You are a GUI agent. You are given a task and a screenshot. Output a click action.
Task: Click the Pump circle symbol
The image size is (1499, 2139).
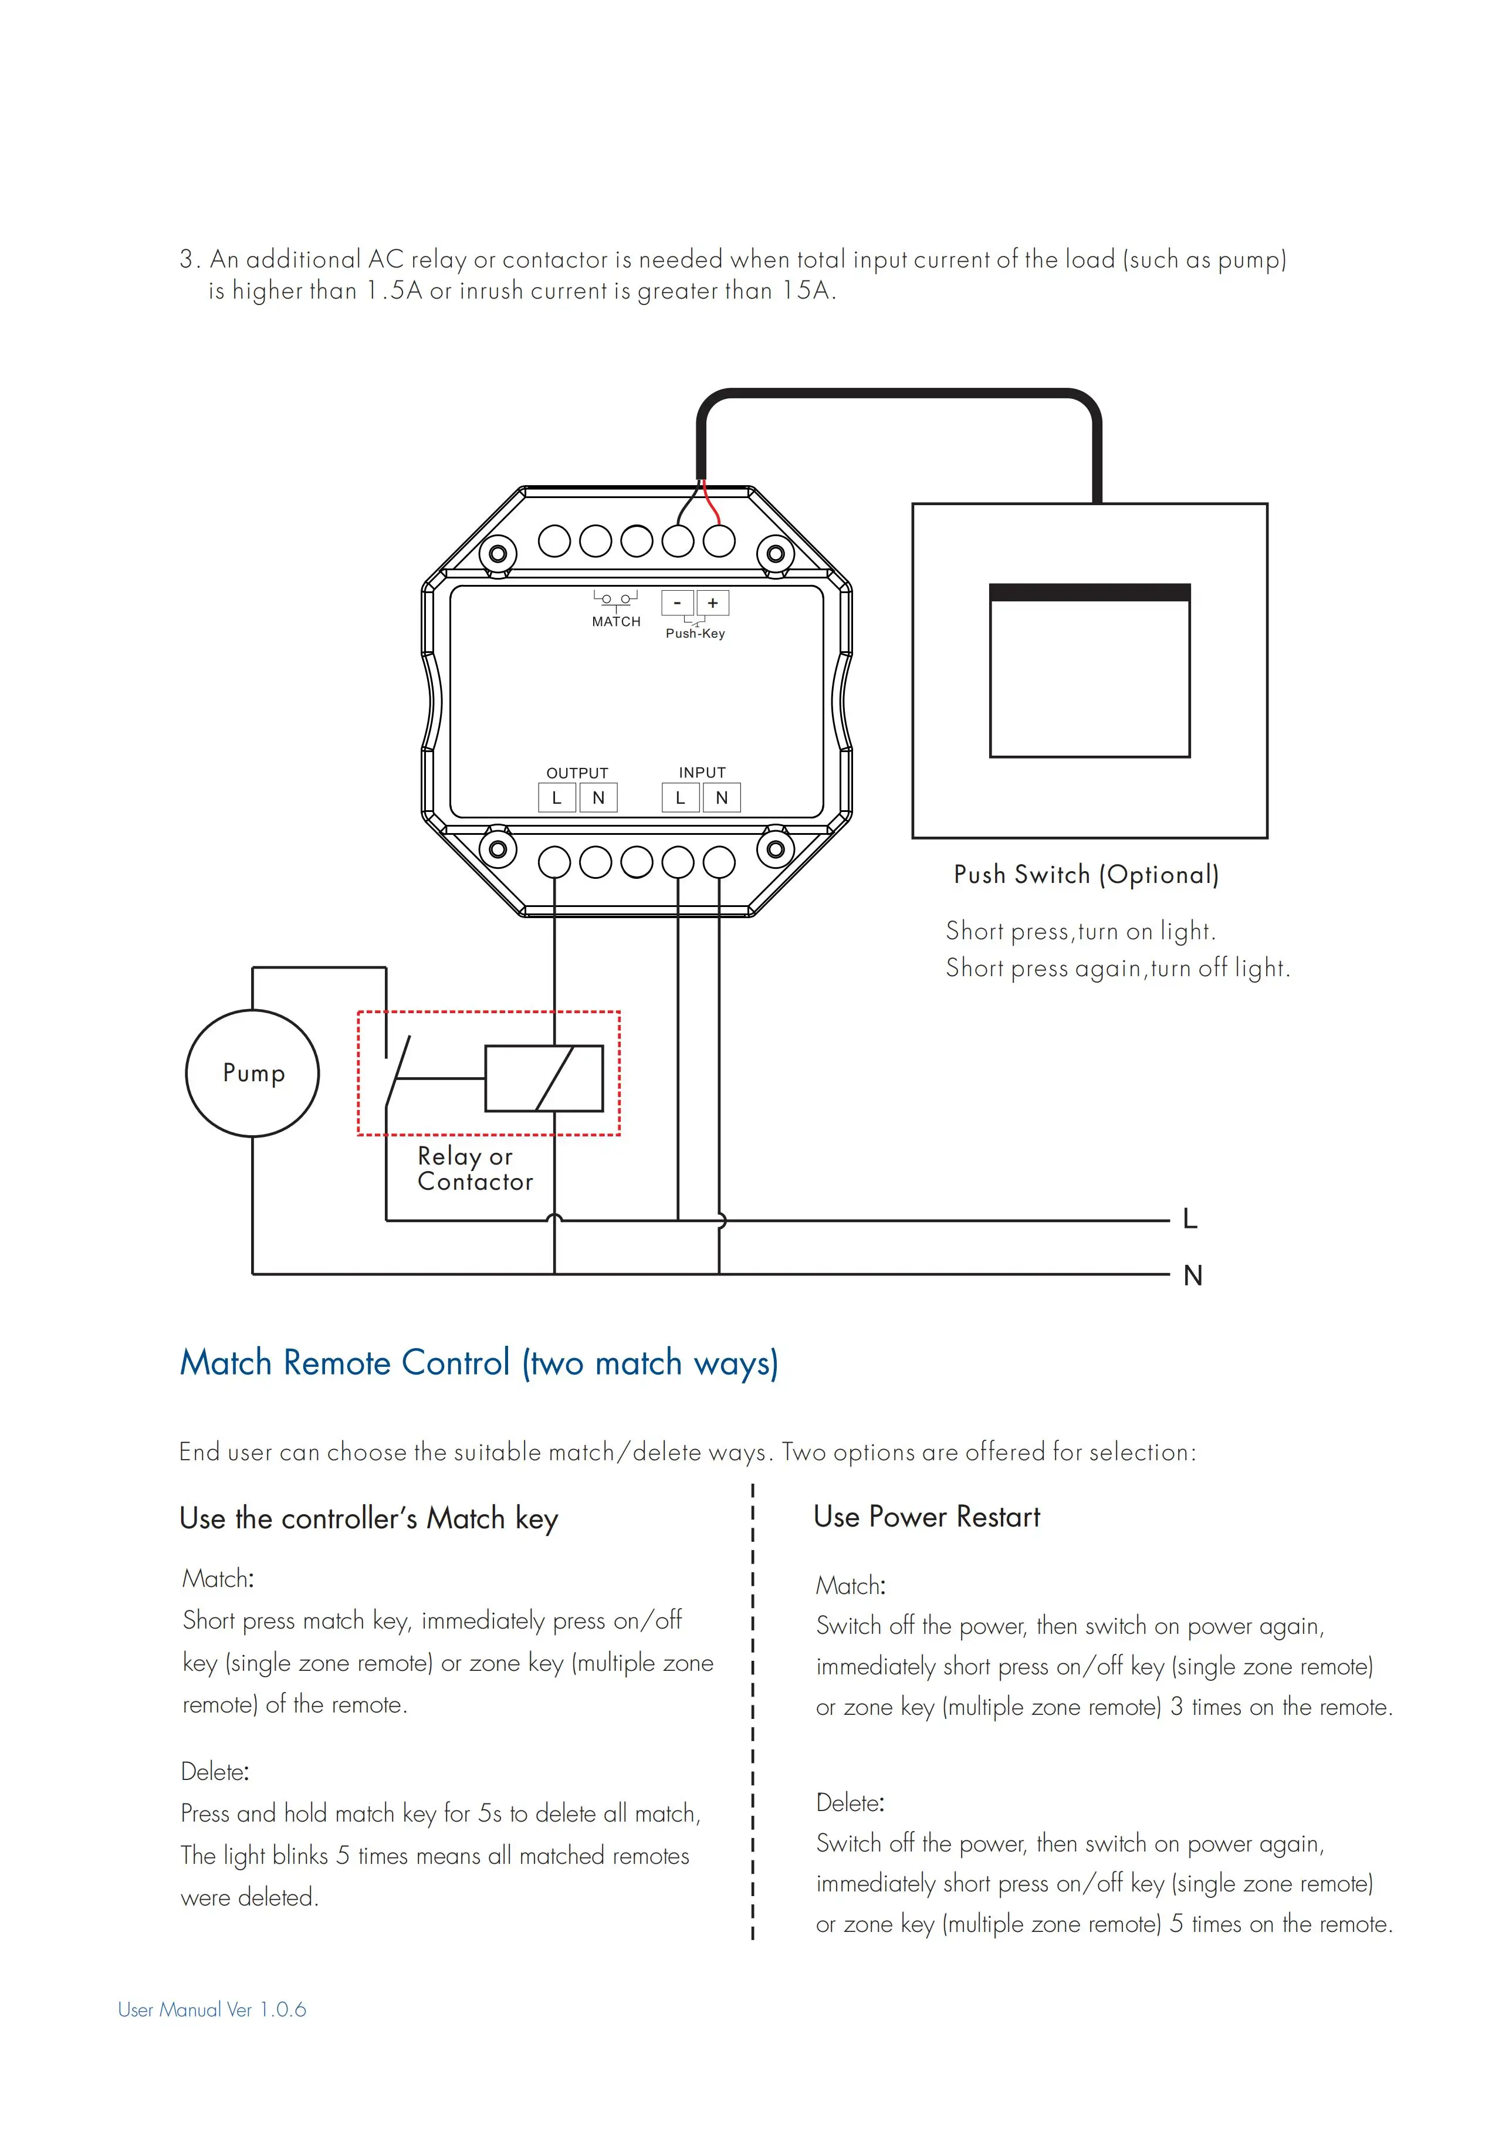tap(252, 1073)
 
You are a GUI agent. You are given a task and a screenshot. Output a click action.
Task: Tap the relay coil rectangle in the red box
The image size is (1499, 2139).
tap(544, 1078)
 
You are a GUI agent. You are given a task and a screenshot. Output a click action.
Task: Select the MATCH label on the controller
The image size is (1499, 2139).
tap(616, 621)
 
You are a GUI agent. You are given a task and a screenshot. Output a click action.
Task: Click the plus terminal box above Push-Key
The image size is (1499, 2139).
tap(713, 603)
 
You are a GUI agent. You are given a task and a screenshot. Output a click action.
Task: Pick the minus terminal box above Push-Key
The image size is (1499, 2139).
tap(677, 603)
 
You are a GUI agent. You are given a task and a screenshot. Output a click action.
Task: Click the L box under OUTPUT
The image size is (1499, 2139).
tap(556, 797)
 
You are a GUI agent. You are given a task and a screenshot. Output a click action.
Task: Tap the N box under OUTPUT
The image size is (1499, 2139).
tap(598, 797)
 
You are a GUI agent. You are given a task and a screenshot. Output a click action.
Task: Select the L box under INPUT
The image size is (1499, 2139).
tap(680, 797)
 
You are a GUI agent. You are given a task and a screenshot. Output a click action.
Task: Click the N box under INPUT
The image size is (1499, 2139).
tap(721, 797)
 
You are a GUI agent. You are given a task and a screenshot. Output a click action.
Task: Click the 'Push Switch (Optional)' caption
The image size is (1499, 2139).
tap(1085, 875)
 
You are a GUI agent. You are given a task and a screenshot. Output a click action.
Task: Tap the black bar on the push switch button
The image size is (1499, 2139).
tap(1089, 593)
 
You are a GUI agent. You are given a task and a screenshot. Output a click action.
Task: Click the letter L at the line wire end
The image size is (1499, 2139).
tap(1190, 1219)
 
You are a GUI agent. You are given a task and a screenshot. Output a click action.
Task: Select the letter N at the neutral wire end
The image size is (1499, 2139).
tap(1193, 1275)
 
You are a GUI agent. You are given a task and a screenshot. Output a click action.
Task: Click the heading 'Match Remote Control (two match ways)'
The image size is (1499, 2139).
tap(479, 1363)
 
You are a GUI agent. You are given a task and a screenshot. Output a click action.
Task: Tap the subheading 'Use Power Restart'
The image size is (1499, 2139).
tap(926, 1517)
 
